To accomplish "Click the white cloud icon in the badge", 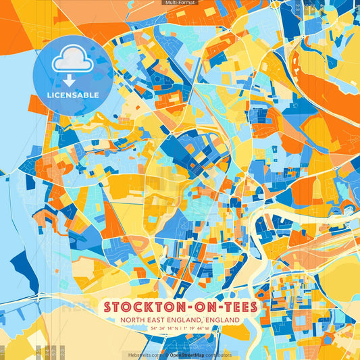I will click(x=72, y=61).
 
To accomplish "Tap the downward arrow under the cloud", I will click(x=72, y=80).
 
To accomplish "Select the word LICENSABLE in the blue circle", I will click(x=72, y=95).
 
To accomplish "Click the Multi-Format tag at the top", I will click(x=180, y=3).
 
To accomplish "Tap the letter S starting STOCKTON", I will click(x=108, y=307).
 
